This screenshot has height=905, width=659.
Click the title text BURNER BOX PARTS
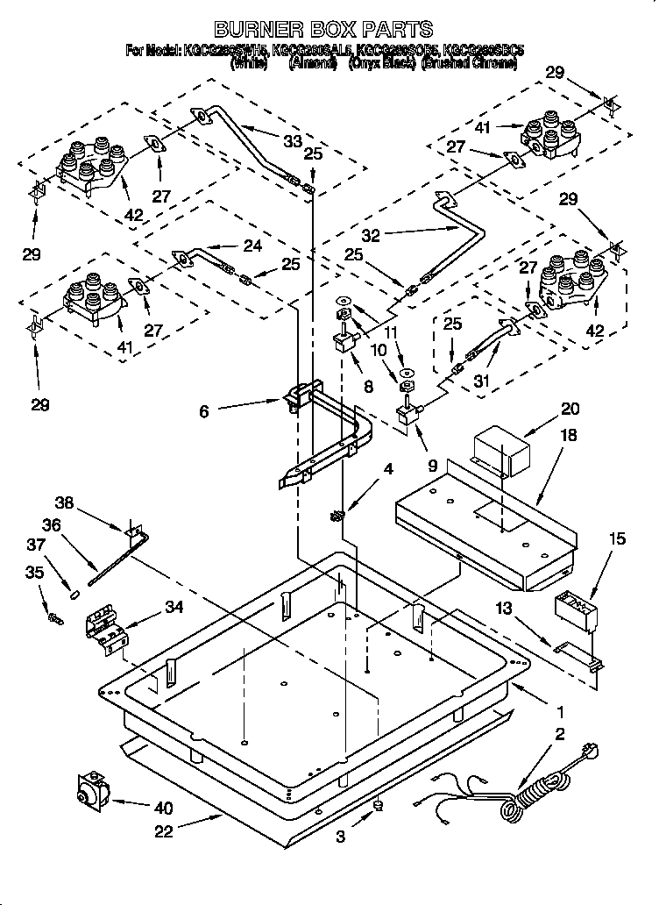325,30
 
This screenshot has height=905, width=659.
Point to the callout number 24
252,246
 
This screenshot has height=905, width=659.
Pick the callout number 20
570,409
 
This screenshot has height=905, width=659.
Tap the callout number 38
65,504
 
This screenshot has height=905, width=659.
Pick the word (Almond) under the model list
313,64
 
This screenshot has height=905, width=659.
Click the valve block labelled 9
407,412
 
